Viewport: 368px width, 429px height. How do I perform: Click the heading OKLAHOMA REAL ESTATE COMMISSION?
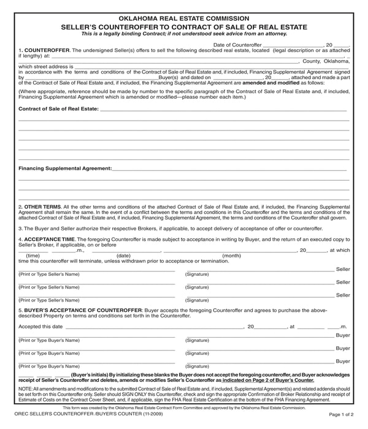coord(183,18)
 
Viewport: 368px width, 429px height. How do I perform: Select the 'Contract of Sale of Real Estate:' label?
coord(58,108)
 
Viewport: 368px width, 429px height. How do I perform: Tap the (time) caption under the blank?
coord(33,256)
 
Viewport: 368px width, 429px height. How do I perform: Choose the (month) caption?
coord(231,256)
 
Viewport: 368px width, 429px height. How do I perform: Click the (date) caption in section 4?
coord(123,256)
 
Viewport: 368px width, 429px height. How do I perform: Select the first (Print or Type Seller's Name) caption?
coord(49,274)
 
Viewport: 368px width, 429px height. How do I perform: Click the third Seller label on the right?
coord(343,295)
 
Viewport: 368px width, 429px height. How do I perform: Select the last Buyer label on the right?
coord(343,361)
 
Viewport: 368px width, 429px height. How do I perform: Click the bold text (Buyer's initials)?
coord(95,374)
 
